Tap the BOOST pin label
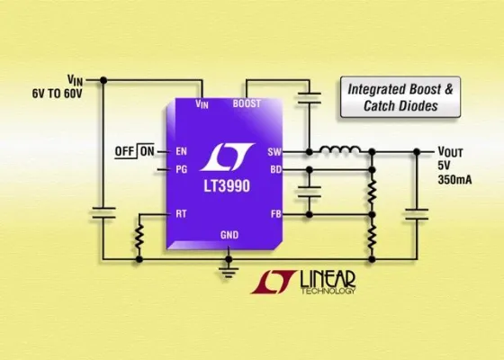coord(247,103)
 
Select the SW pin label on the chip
coord(274,151)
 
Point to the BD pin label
coord(275,168)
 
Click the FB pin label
coord(275,214)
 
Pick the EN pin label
coord(180,150)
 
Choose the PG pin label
coord(180,167)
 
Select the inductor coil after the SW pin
coord(341,148)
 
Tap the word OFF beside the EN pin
coord(126,150)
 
